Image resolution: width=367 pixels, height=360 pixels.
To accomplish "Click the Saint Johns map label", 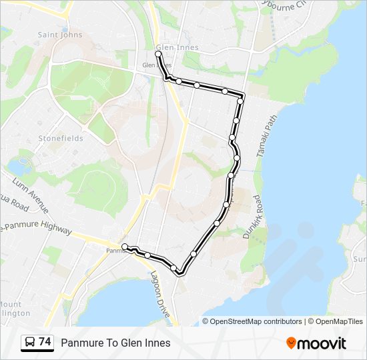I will tap(60, 35).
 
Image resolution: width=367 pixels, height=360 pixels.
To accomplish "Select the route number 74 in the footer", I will tap(45, 342).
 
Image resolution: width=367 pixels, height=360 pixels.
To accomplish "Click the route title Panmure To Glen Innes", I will tap(115, 343).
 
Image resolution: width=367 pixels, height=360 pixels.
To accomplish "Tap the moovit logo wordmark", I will tap(323, 343).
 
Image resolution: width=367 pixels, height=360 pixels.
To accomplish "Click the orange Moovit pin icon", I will tap(292, 343).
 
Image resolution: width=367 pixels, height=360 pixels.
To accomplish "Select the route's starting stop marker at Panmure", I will tap(125, 247).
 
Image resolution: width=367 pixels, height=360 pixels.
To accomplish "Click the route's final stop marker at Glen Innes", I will tap(158, 54).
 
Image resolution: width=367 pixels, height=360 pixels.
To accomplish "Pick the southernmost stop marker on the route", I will tap(174, 268).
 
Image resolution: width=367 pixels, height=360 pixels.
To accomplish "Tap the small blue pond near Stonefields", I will tap(17, 166).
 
